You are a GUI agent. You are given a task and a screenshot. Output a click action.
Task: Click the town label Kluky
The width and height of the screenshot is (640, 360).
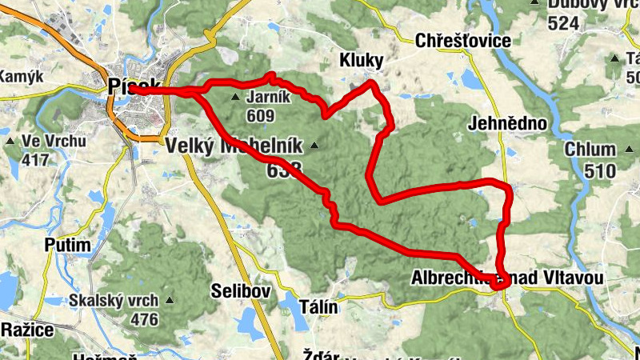click(362, 61)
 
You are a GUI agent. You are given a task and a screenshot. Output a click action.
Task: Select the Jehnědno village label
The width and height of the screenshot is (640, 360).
click(509, 124)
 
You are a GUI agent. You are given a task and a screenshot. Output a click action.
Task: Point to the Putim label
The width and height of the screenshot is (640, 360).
click(67, 244)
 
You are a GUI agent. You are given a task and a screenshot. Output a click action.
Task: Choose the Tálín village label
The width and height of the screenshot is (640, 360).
click(318, 307)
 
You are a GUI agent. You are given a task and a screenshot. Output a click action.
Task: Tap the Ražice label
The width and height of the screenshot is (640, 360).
click(26, 330)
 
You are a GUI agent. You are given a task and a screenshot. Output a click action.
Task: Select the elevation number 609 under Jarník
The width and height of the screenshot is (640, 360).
click(261, 116)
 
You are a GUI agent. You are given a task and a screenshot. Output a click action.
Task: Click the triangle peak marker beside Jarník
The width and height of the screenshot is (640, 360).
click(235, 98)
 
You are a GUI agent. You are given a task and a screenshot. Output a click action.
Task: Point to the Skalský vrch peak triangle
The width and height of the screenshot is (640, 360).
click(170, 301)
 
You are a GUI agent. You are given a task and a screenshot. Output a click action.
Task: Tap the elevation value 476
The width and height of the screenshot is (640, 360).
click(144, 319)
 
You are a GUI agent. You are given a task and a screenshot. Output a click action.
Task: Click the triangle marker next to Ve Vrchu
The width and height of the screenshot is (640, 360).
click(10, 142)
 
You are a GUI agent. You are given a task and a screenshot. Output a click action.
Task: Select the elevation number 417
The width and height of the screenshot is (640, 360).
click(35, 160)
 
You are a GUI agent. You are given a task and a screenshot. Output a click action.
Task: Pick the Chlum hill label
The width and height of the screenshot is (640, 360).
click(590, 150)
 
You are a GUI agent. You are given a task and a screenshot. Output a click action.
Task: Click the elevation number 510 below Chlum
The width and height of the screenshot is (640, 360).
click(600, 170)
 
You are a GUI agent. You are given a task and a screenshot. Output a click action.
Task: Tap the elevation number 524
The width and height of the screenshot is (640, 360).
click(563, 23)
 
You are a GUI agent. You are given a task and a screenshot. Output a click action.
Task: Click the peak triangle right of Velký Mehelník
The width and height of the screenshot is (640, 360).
click(314, 146)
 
